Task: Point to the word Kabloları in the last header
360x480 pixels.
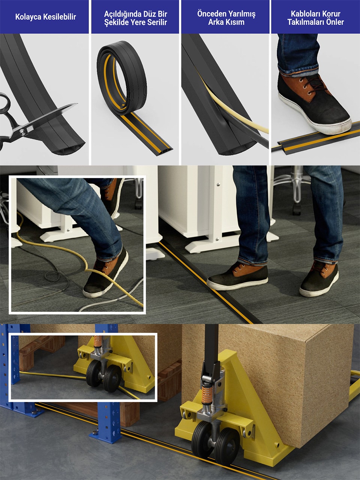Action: pyautogui.click(x=303, y=14)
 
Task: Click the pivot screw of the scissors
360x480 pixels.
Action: pyautogui.click(x=22, y=132)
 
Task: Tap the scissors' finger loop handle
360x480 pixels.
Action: pyautogui.click(x=5, y=103)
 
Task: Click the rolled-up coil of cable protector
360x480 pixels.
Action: pyautogui.click(x=122, y=78)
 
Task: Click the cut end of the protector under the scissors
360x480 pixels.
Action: pyautogui.click(x=69, y=149)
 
